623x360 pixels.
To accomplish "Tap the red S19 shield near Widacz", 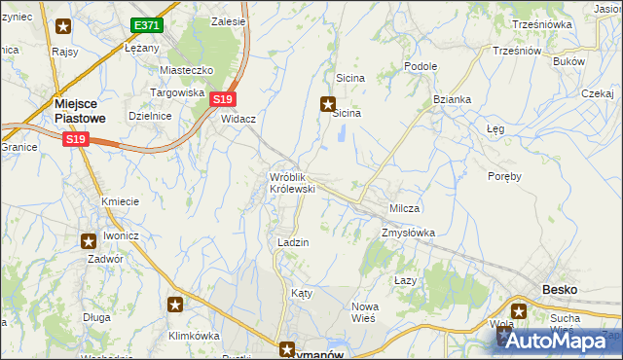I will point(223,99).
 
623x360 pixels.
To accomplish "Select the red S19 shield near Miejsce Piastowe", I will point(77,141).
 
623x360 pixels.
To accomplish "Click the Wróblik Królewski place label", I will point(292,182).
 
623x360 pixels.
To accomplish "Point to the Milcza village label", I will point(404,209).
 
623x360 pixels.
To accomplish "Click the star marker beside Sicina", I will point(329,104).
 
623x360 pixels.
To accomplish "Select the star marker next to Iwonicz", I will point(88,239).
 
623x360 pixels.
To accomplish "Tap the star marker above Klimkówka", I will point(175,306).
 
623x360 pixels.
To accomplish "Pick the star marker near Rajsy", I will point(64,27).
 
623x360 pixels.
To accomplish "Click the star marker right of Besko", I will point(519,312).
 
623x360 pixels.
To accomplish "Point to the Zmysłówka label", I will point(408,233).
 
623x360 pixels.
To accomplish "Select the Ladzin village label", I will point(293,242).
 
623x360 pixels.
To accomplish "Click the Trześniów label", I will point(516,51).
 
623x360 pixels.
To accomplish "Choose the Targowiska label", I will point(176,92).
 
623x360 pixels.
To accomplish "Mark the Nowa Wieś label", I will point(364,313).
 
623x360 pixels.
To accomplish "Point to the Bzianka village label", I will point(452,99).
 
